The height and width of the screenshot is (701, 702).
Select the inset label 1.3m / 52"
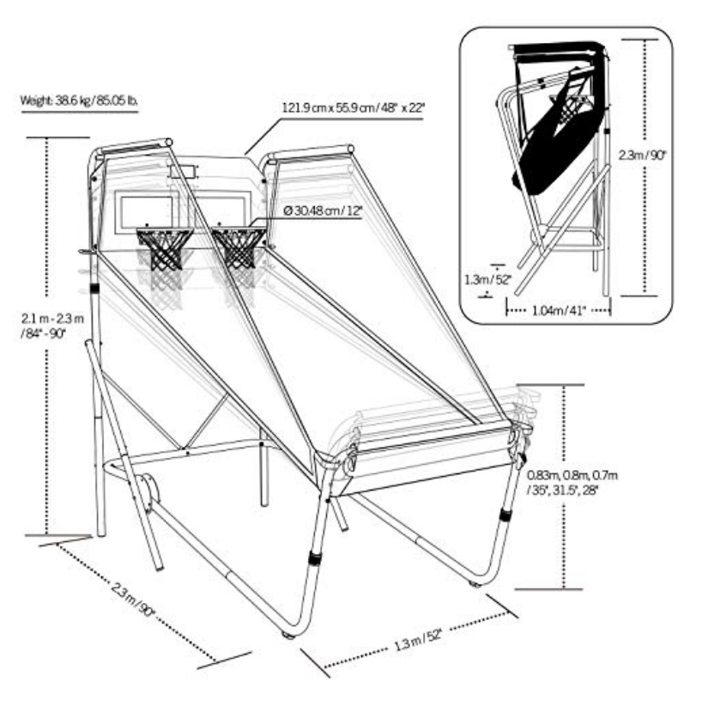[x=488, y=278]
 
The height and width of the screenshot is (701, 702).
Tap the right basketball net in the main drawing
[x=238, y=247]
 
